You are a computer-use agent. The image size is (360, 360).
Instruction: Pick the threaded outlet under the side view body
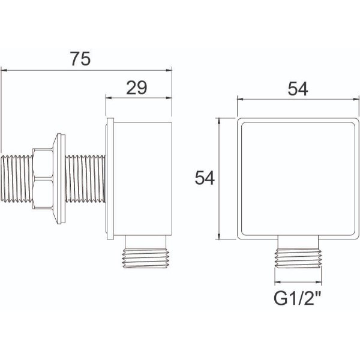[x=147, y=255]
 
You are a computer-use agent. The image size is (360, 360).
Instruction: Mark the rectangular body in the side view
[x=143, y=178]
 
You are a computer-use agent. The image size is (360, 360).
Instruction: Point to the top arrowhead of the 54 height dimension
[x=224, y=121]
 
